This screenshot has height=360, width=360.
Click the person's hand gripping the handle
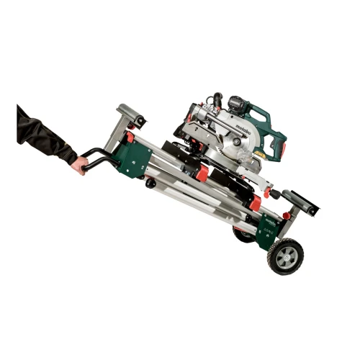click(x=78, y=164)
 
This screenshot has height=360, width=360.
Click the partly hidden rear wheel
click(x=243, y=234)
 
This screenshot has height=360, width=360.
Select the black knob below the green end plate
click(x=150, y=184)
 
